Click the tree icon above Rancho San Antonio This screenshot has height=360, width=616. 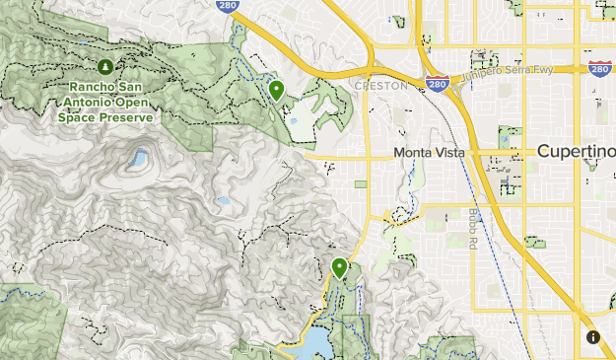pos(105,66)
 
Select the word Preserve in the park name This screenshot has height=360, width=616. pos(129,117)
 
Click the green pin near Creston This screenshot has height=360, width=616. pos(277,90)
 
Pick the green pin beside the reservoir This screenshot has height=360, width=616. pos(340,266)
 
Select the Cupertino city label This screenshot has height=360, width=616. pos(577,152)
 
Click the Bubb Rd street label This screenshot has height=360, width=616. pos(474,229)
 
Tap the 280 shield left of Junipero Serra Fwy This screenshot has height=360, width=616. pos(439,85)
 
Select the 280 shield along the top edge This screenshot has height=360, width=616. pos(226,4)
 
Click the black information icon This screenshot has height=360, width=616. pos(593,337)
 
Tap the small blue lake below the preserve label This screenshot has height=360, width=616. pos(137,158)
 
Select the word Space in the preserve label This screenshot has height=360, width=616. pos(78,117)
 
